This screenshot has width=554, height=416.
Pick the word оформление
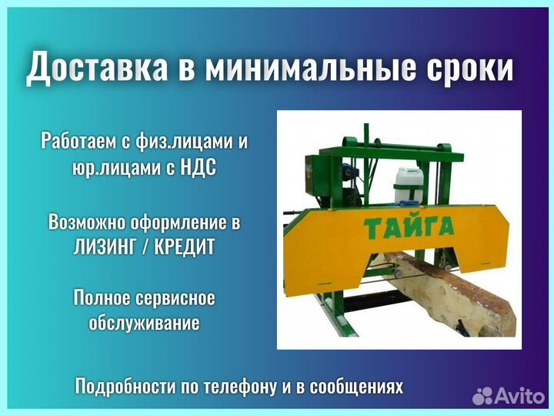pyautogui.click(x=184, y=223)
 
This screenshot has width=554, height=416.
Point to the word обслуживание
pyautogui.click(x=145, y=322)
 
